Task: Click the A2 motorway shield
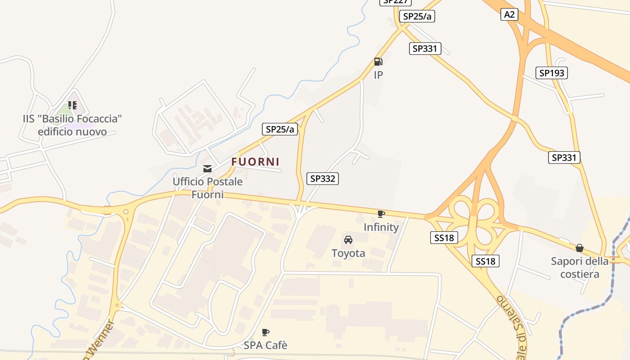pos(509,14)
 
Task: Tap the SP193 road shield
pos(551,73)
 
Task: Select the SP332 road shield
pos(323,179)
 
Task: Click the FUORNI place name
pos(256,162)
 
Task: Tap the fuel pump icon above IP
pos(378,62)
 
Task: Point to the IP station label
pos(378,75)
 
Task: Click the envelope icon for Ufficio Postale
pos(207,169)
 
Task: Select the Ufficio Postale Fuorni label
pos(208,188)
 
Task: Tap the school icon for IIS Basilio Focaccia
pos(72,105)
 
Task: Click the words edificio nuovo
pos(72,132)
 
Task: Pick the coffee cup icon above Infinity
pos(381,214)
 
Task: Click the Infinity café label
pos(381,227)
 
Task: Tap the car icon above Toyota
pos(348,240)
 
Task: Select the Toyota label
pos(348,253)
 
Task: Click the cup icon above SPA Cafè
pos(265,333)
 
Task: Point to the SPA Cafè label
pos(265,346)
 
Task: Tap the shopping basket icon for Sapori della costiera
pos(580,248)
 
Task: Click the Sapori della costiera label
pos(580,267)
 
